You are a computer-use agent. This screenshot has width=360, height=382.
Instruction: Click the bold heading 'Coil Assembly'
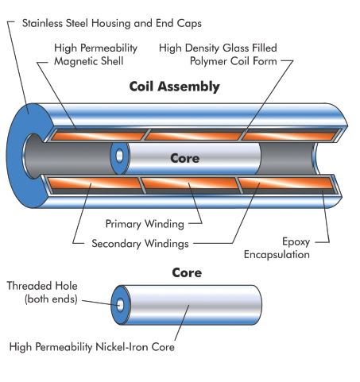point(174,87)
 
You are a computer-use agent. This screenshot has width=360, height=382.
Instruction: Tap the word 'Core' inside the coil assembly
point(185,158)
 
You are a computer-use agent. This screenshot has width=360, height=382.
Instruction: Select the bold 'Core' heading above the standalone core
point(187,272)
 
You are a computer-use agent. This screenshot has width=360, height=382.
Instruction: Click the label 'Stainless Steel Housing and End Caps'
point(112,23)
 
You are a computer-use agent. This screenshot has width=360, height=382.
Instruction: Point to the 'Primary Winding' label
point(145,224)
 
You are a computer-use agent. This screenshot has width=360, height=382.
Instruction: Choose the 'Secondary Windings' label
point(140,244)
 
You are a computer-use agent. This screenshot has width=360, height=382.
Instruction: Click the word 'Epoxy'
point(296,242)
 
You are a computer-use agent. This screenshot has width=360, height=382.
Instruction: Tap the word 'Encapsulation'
point(277,255)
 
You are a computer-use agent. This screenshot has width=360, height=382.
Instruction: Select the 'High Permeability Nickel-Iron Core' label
point(92,347)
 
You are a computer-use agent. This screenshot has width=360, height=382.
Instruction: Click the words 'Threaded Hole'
point(42,286)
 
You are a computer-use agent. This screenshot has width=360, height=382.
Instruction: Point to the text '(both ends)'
point(51,299)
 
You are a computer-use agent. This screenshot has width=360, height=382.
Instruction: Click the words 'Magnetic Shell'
point(89,61)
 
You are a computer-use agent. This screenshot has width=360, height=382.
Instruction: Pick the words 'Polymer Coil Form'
point(234,61)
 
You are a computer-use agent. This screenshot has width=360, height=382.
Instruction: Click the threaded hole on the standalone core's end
point(120,305)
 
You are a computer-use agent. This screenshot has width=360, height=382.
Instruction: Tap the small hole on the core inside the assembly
point(119,156)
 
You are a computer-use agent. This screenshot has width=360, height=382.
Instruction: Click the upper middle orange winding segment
point(194,136)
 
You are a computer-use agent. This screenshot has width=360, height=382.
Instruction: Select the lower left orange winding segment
point(95,183)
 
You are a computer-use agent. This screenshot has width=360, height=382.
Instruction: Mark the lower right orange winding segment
point(286,183)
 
